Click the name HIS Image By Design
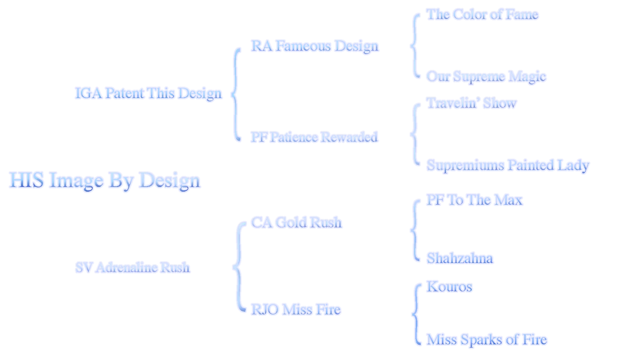105,180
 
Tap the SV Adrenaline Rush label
133,267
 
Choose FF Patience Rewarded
314,137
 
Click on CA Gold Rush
297,222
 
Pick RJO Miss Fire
295,310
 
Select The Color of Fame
483,14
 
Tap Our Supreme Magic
487,76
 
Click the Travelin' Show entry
472,103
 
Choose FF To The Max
474,200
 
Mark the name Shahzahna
460,259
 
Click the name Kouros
449,287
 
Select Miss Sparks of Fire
487,340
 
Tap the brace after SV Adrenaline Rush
237,267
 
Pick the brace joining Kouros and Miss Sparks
416,314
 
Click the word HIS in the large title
27,180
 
